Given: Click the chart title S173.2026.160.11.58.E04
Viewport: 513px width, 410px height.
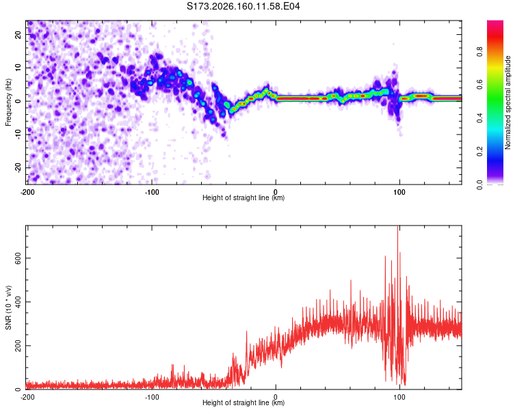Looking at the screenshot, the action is (x=243, y=6).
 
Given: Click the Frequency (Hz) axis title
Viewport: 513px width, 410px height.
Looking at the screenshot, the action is (x=8, y=102).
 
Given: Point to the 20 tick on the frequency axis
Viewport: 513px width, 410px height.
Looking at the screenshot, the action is (x=18, y=35).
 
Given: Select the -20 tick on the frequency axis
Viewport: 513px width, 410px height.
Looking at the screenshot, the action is (x=18, y=168).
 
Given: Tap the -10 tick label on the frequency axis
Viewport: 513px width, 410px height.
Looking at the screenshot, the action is (x=18, y=135).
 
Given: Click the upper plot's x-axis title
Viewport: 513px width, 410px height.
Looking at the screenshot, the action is (x=244, y=197).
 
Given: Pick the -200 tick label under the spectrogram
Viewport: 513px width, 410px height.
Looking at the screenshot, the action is (x=27, y=192).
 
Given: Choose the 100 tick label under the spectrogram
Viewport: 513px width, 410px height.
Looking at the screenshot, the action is (x=399, y=192).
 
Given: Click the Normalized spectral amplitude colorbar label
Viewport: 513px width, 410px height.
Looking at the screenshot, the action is (x=508, y=102).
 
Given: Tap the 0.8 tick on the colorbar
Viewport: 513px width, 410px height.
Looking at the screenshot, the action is (x=479, y=52).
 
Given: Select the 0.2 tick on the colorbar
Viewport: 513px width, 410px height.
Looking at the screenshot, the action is (x=479, y=152).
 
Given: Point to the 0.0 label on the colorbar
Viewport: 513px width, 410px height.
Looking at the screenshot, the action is (x=479, y=185).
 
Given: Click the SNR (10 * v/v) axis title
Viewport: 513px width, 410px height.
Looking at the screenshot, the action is (x=8, y=307).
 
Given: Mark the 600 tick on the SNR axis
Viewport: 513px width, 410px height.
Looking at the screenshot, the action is (x=18, y=258).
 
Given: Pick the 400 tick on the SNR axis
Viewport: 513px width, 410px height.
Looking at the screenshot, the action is (x=18, y=302).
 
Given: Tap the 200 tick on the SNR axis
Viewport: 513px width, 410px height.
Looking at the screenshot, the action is (x=18, y=346).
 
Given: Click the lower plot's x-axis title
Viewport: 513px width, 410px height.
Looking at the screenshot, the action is (x=244, y=402).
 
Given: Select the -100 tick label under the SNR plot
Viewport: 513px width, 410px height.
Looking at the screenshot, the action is (x=151, y=397).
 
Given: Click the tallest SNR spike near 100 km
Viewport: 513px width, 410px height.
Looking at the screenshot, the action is (x=398, y=227).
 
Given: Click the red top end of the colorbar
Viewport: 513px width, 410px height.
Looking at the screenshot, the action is (x=495, y=23).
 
